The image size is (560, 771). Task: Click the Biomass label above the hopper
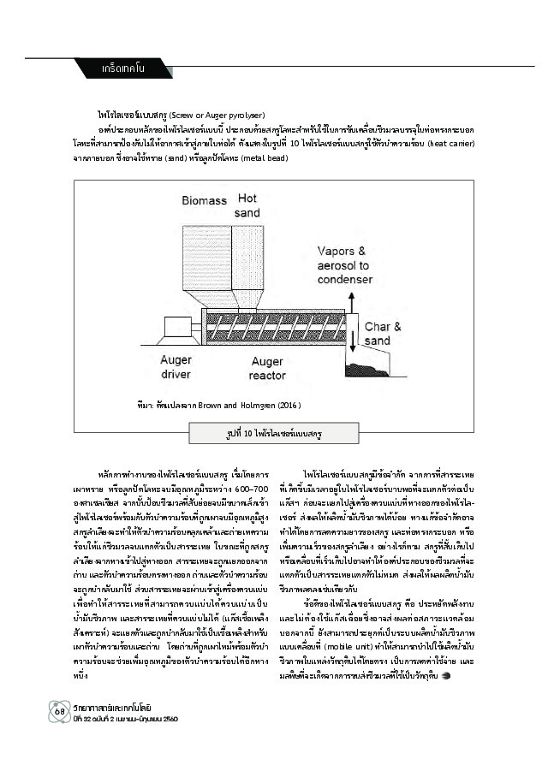204,201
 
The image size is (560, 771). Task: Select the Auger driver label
176,368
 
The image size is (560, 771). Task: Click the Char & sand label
377,334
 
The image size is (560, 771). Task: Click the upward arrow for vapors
351,302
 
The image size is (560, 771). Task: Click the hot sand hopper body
247,261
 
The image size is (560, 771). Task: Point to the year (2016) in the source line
287,405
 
